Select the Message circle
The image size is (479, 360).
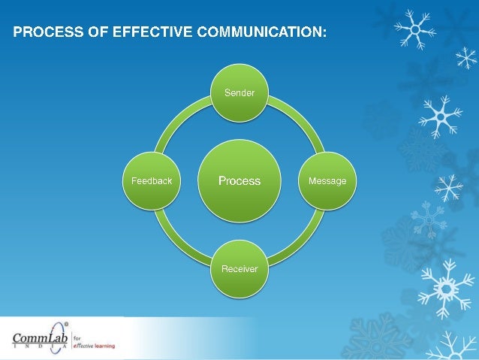click(327, 181)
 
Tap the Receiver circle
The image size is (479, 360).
click(239, 268)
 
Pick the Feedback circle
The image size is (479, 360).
click(152, 181)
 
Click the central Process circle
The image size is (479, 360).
click(239, 181)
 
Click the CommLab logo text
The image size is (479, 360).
click(39, 337)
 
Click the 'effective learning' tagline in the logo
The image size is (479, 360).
click(94, 346)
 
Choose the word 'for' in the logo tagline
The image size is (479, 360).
click(77, 337)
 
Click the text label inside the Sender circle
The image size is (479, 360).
click(239, 93)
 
